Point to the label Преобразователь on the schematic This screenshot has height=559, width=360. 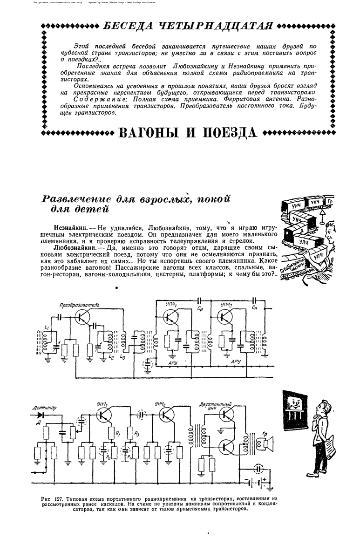pyautogui.click(x=79, y=305)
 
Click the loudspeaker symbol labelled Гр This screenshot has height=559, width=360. pyautogui.click(x=268, y=446)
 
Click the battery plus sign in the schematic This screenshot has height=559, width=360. pyautogui.click(x=264, y=478)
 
